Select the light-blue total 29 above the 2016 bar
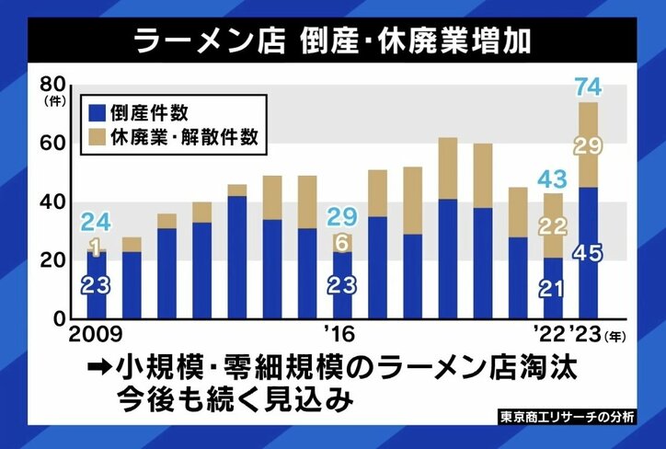point(344,217)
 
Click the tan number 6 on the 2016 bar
point(344,242)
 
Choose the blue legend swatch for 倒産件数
point(96,112)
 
